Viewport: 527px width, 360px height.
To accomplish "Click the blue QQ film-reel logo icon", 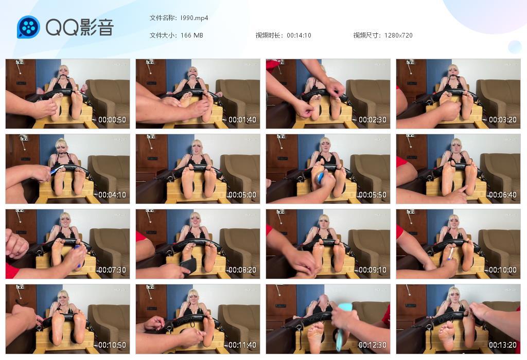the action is point(28,27).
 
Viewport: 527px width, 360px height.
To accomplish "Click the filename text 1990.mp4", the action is point(194,18).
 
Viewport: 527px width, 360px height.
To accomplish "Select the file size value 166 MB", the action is point(191,35).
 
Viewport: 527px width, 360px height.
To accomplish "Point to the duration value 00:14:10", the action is point(299,35).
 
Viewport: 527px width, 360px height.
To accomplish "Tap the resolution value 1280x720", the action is point(398,35).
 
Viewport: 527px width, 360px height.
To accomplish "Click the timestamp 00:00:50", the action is point(112,119).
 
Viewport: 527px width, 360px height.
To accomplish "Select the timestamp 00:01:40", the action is point(242,119).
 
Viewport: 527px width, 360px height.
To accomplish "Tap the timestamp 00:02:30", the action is point(373,119).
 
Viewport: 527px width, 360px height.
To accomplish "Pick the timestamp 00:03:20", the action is point(502,119).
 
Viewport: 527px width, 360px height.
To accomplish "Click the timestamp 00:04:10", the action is point(112,195).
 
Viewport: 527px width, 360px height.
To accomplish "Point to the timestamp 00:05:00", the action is point(242,195).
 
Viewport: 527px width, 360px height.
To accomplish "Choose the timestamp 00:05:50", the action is point(373,195).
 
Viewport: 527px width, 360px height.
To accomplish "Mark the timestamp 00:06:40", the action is point(502,195).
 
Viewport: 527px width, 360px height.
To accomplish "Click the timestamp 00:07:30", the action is point(112,270).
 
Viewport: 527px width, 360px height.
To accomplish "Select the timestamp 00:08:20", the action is point(242,270).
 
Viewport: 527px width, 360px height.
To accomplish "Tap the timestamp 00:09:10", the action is point(373,270).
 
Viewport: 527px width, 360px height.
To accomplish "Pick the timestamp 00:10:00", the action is point(502,270).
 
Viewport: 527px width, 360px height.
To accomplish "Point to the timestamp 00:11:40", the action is point(242,345).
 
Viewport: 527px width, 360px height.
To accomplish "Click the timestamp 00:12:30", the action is point(373,345).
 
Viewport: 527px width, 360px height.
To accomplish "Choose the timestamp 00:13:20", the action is point(502,345).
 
